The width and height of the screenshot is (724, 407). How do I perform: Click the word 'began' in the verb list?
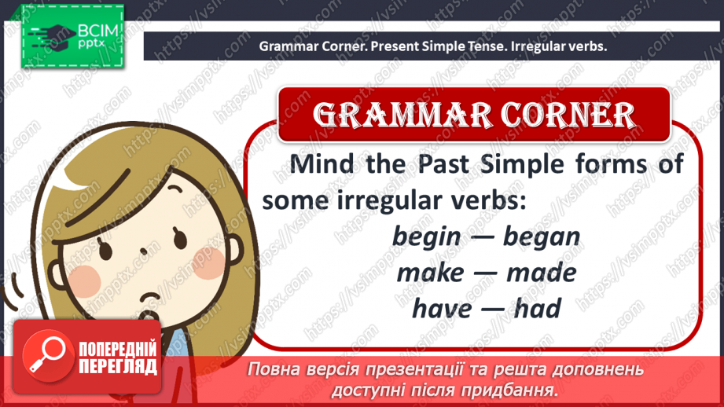click(542, 236)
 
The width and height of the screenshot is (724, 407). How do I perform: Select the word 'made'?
click(541, 273)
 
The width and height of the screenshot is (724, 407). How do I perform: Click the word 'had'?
click(537, 309)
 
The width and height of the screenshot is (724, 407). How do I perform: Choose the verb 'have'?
click(442, 309)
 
